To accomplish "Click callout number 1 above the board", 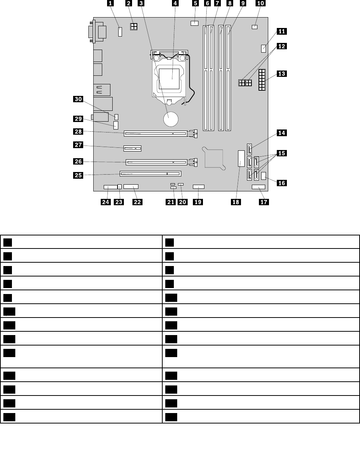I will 110,3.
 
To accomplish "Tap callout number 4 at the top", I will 175,3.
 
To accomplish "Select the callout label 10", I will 260,3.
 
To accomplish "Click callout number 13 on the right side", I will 282,74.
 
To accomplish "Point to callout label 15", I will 282,153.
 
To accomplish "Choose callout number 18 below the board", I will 236,202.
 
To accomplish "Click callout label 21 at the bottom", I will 170,202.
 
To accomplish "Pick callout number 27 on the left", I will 78,145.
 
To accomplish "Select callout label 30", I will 78,99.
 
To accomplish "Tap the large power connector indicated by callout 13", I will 261,80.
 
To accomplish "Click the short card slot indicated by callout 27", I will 132,149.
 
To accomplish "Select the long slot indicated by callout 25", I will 150,174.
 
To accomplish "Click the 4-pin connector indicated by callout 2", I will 134,27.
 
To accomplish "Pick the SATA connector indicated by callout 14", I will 249,149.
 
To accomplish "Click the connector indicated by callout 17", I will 258,187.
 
